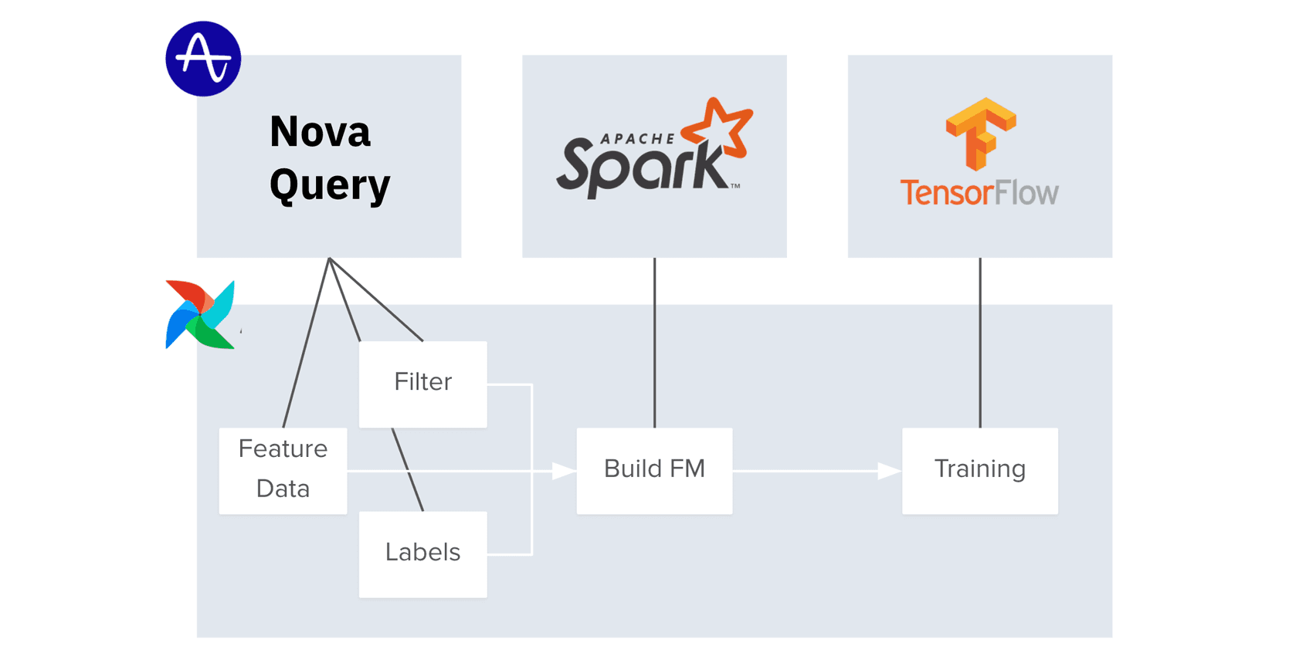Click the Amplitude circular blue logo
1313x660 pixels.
click(203, 59)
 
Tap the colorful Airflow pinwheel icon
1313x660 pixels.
click(200, 315)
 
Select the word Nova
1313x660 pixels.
click(320, 131)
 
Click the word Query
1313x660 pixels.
click(330, 185)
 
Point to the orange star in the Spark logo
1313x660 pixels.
click(721, 128)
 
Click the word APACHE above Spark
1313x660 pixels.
click(637, 139)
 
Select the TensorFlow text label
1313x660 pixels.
click(979, 192)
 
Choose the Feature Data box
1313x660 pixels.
click(283, 470)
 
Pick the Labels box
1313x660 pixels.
click(422, 553)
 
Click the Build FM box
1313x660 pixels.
click(654, 470)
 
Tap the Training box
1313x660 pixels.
click(979, 470)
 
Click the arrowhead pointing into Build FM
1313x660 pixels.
click(564, 471)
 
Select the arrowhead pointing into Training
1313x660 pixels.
click(889, 471)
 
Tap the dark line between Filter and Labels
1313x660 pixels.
click(408, 469)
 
